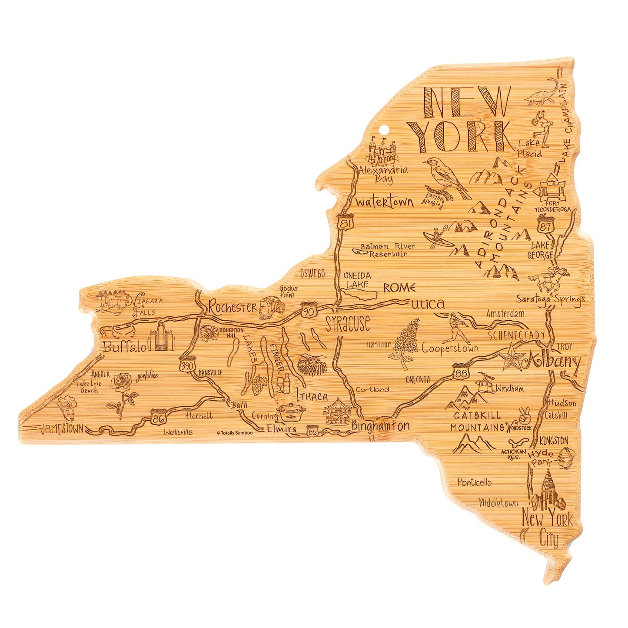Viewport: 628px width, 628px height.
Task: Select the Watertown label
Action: [x=384, y=203]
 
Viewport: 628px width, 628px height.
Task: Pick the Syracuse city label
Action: [x=348, y=324]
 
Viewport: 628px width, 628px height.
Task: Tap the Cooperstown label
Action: [x=450, y=348]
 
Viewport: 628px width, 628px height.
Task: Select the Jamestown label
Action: [x=62, y=429]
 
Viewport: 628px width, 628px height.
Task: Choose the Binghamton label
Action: [x=381, y=426]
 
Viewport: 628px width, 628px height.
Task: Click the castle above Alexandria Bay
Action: [x=383, y=150]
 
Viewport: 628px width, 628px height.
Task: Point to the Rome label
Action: [x=399, y=288]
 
